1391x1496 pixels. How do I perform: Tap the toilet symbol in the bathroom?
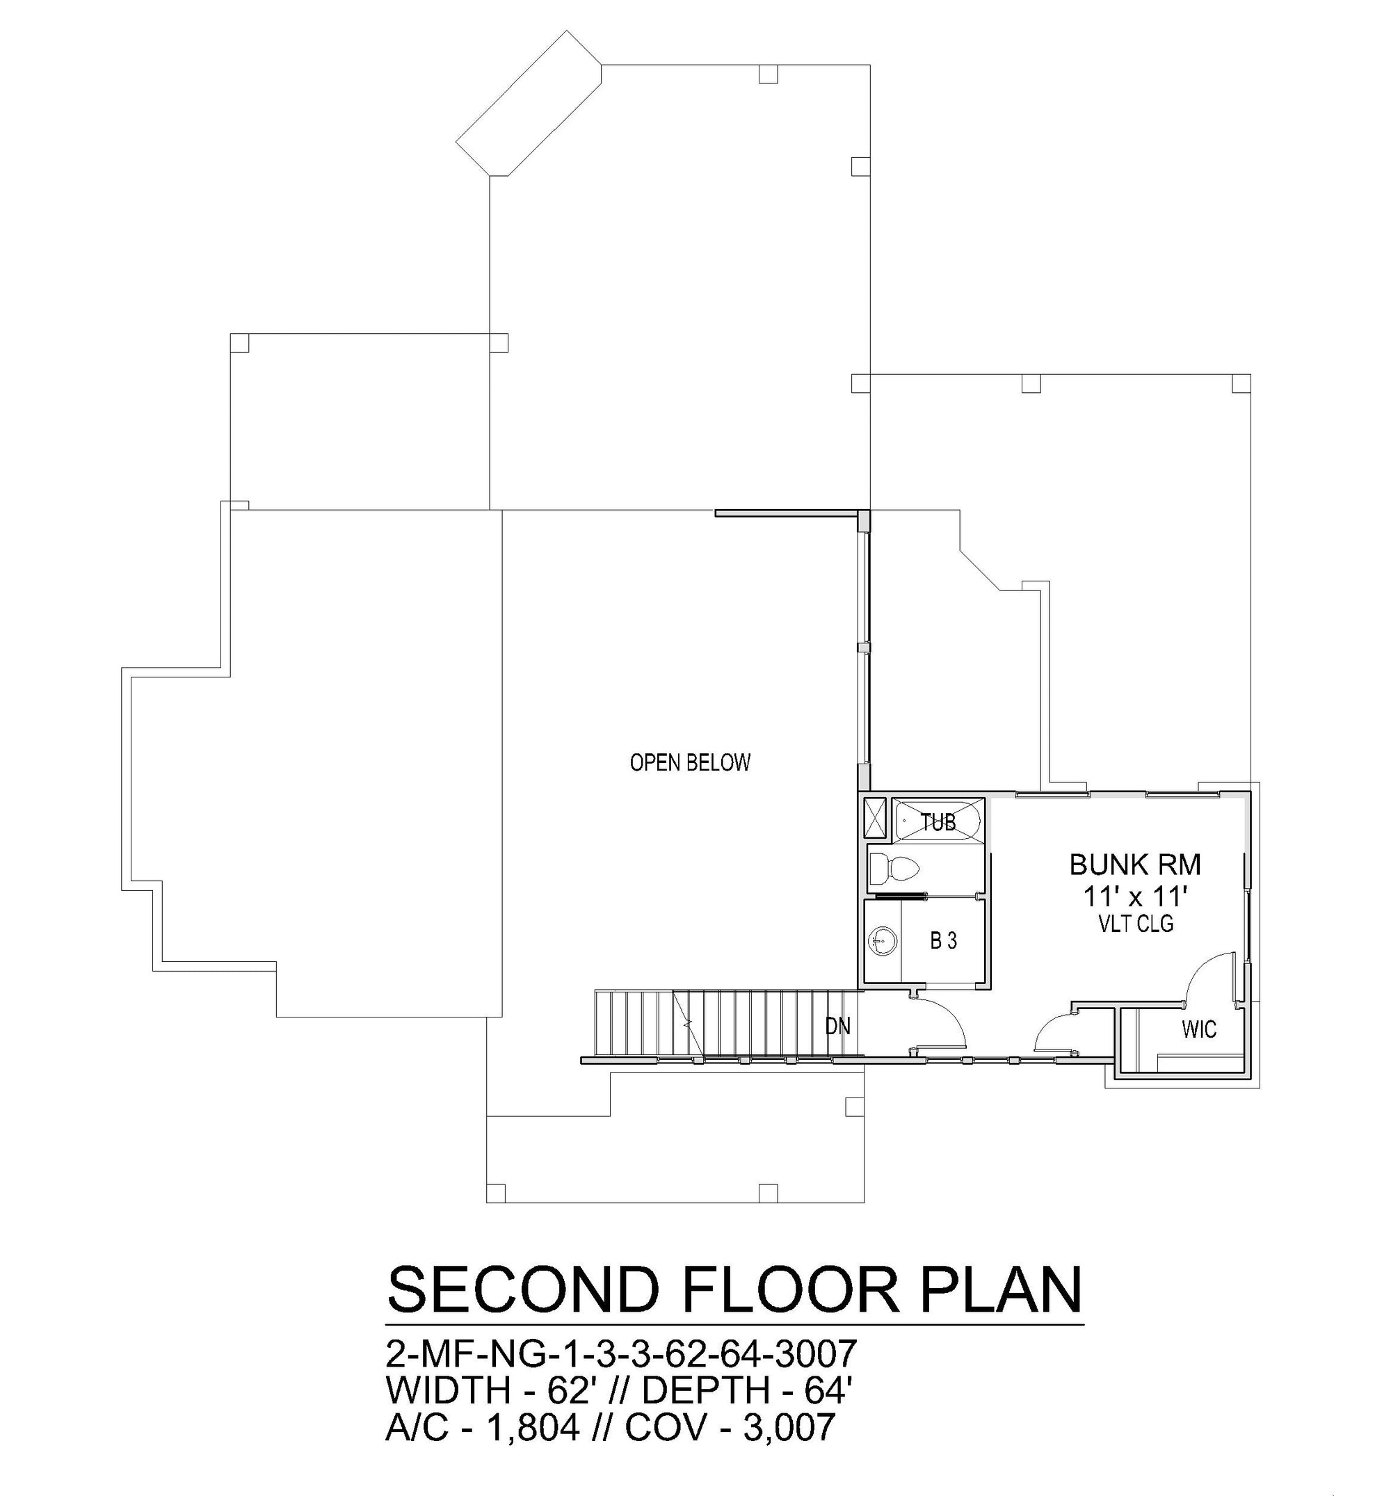click(894, 869)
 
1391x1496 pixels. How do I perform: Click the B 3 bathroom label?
click(943, 940)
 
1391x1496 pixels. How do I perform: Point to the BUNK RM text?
click(1135, 864)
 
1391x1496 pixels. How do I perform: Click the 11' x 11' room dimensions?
click(1135, 896)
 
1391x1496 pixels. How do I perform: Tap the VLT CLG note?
click(1136, 924)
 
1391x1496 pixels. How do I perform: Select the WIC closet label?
click(1199, 1029)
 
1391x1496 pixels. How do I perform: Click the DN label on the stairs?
click(838, 1026)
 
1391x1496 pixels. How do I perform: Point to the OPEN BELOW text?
click(690, 762)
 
